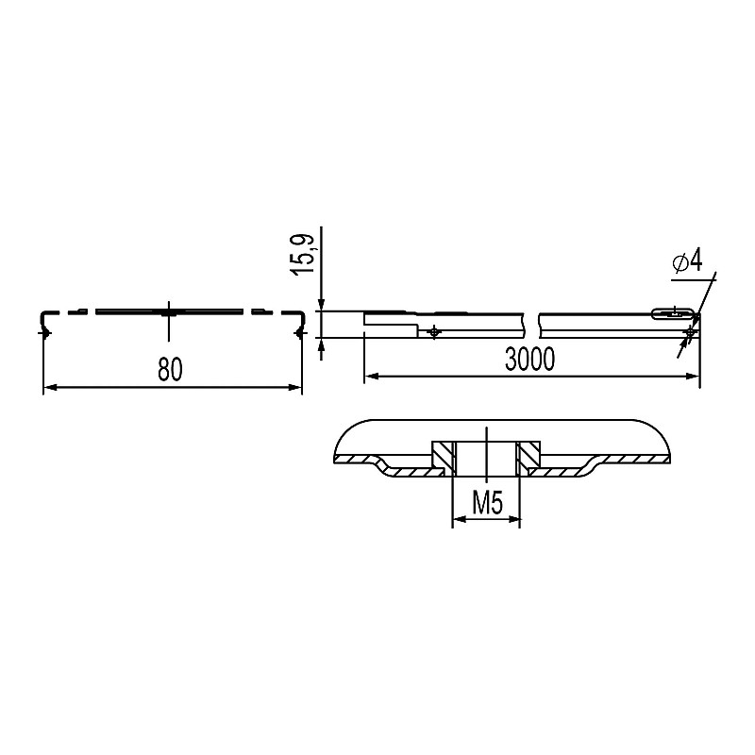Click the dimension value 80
click(x=171, y=370)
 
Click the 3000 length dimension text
click(x=529, y=360)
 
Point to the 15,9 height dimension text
click(x=302, y=255)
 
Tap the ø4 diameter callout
click(x=688, y=261)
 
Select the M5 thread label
click(x=487, y=504)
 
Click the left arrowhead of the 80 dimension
click(x=50, y=387)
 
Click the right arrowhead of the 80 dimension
click(x=295, y=387)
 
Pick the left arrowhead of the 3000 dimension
click(x=371, y=376)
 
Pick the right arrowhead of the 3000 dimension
click(x=693, y=376)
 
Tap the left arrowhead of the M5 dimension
click(x=460, y=519)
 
